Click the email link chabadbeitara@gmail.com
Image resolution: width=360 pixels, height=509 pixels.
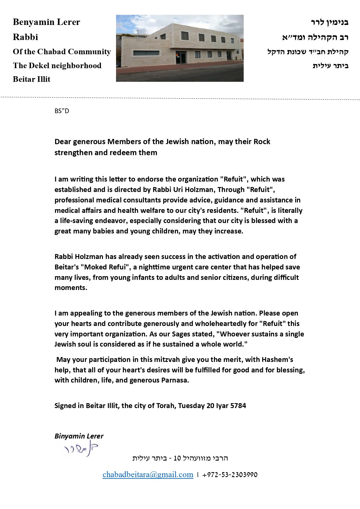[x=148, y=475]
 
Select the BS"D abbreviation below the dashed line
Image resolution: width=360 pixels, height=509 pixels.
[x=62, y=111]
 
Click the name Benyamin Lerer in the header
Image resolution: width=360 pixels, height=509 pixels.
[x=46, y=22]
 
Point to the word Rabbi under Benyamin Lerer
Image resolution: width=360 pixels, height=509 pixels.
[x=26, y=37]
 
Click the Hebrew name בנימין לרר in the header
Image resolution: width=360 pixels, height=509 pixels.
[x=330, y=22]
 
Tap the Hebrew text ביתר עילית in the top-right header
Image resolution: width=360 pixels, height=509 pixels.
[x=330, y=66]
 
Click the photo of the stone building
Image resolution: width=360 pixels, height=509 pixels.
[x=180, y=48]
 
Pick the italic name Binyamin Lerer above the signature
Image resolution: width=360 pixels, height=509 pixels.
[x=79, y=436]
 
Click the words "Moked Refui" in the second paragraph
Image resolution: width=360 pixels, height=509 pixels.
[x=105, y=267]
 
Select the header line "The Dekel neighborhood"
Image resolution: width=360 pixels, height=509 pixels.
[x=57, y=66]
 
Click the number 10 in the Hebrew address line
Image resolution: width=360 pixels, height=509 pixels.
[x=177, y=458]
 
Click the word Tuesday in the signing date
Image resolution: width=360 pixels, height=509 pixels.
[x=191, y=405]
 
